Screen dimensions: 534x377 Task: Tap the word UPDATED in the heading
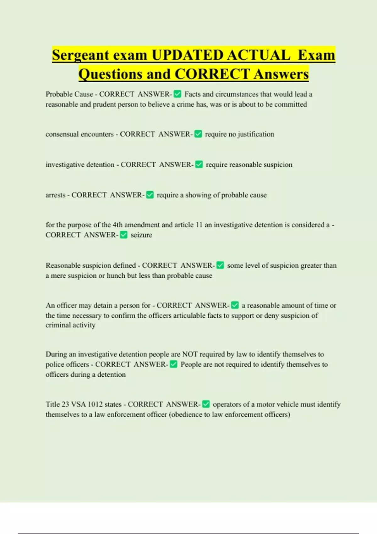click(x=188, y=55)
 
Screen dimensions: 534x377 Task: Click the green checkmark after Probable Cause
click(x=178, y=94)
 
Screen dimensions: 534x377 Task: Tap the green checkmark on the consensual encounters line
click(x=198, y=134)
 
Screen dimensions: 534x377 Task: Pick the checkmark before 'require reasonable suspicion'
click(x=199, y=165)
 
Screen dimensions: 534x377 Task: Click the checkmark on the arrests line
click(x=150, y=195)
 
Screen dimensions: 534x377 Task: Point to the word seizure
click(x=141, y=235)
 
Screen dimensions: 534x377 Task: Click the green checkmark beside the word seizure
click(x=124, y=235)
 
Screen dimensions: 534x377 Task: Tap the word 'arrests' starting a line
click(x=56, y=195)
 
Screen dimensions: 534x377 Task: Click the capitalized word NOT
click(x=190, y=354)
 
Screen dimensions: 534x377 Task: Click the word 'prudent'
click(x=104, y=104)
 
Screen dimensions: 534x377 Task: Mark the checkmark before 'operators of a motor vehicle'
click(x=206, y=404)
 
